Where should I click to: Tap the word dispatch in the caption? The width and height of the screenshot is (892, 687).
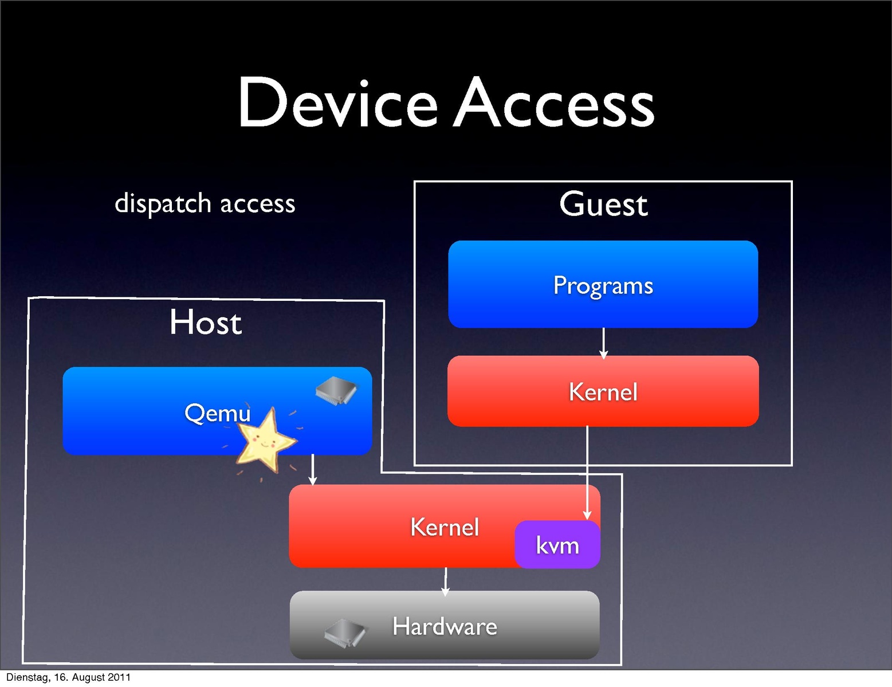coord(163,204)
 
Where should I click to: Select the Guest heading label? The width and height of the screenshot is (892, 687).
coord(603,205)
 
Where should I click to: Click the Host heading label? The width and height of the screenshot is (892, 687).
coord(206,322)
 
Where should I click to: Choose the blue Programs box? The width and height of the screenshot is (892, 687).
coord(603,285)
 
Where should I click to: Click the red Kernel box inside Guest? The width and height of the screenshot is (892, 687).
coord(603,392)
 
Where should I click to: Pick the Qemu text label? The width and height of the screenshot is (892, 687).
coord(217,413)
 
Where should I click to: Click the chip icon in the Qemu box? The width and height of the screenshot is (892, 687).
coord(336,391)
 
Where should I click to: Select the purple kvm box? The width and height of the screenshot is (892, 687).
coord(557,545)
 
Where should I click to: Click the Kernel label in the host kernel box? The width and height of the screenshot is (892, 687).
coord(445,527)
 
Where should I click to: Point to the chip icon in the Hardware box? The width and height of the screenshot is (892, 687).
coord(345,632)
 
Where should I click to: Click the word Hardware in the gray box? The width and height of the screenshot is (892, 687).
coord(445,626)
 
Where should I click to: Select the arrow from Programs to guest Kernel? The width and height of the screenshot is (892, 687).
coord(603,343)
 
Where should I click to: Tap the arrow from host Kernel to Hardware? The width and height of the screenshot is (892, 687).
coord(446,582)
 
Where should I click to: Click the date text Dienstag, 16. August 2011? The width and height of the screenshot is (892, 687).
coord(68,677)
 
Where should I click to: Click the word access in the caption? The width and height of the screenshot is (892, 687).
coord(257,204)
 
